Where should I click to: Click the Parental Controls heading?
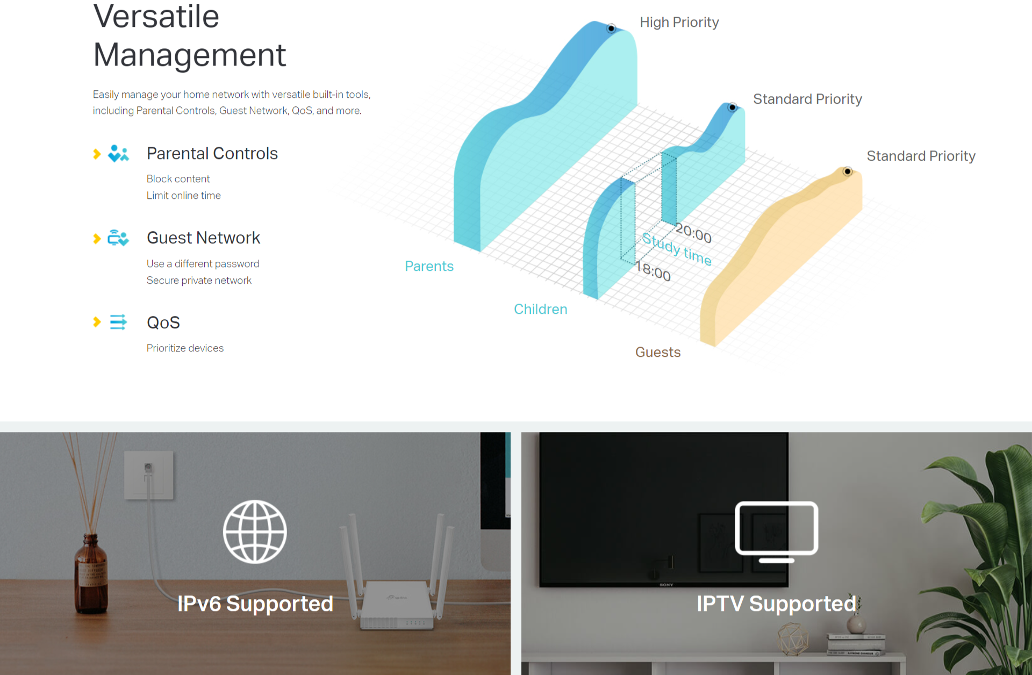212,154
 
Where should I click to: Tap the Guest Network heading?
203,238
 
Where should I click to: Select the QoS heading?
163,322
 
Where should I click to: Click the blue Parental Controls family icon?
118,154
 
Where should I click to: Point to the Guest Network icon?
118,238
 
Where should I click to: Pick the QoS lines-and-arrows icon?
118,322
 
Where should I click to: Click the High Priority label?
679,23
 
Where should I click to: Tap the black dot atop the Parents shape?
611,28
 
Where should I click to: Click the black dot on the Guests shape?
848,171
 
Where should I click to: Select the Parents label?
429,266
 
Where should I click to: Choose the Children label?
541,309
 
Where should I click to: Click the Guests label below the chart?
658,352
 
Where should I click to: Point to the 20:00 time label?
693,233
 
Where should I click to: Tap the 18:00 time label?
654,271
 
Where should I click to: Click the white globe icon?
255,532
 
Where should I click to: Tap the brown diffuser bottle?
91,573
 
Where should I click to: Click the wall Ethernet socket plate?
149,475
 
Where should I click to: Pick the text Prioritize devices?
185,348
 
